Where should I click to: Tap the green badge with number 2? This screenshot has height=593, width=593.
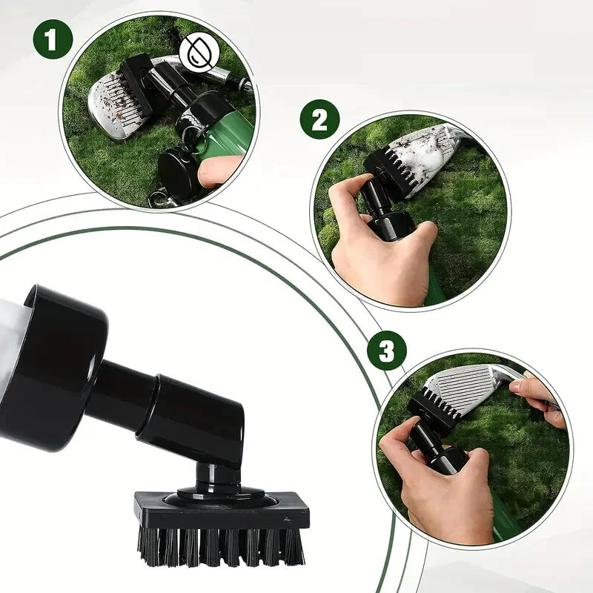click(319, 119)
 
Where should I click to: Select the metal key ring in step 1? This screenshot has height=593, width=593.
click(159, 199)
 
